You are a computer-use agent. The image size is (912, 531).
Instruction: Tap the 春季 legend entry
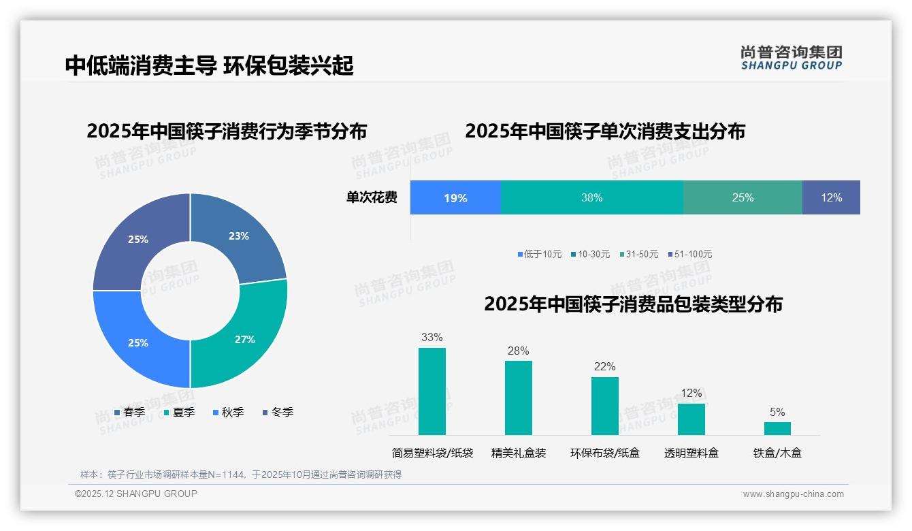point(129,412)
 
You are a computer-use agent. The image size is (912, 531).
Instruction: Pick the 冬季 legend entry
point(278,412)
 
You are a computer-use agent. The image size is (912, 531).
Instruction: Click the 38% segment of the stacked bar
point(591,197)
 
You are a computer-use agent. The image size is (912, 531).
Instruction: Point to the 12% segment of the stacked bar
point(831,197)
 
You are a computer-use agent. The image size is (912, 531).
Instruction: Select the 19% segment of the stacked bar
point(455,197)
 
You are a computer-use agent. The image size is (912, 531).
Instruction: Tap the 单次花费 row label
point(372,197)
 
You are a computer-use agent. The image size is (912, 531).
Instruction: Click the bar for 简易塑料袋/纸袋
point(431,391)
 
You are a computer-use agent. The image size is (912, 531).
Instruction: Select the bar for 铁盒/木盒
point(777,428)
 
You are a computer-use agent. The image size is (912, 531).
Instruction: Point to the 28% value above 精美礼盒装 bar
point(518,351)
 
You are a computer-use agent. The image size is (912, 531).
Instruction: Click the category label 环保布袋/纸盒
point(604,453)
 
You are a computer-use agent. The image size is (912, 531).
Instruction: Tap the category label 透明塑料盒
point(691,453)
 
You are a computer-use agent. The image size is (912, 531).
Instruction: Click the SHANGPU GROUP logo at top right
point(791,57)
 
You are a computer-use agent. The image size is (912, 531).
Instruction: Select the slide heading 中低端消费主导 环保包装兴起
point(210,65)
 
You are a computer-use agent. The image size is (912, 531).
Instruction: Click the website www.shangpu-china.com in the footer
point(793,494)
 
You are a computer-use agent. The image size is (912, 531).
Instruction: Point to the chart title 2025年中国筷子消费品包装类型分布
point(633,304)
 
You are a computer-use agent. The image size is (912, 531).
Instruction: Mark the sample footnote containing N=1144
point(241,474)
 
